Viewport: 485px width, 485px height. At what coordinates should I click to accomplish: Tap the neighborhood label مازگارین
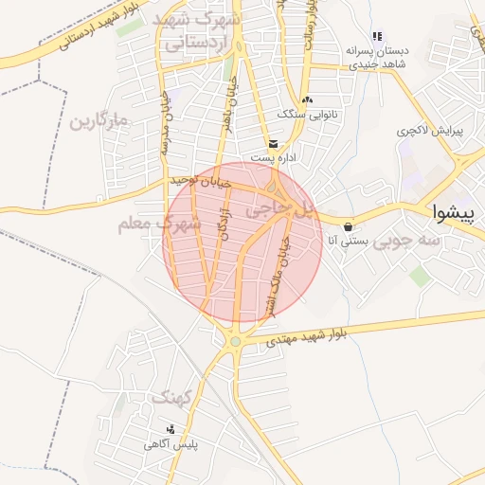point(98,121)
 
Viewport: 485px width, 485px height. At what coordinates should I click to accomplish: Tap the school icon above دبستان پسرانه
point(377,37)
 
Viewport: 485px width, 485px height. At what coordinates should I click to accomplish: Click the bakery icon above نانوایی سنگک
point(305,99)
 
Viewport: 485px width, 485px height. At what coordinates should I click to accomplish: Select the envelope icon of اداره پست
point(274,143)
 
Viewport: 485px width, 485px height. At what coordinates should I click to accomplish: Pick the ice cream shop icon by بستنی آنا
point(350,226)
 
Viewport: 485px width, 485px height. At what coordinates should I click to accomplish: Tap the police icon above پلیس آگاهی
point(171,429)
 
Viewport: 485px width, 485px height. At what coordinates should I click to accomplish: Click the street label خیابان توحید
point(201,180)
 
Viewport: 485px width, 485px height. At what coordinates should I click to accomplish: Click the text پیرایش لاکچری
point(431,130)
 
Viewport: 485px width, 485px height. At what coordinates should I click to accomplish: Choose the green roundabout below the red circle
point(235,342)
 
